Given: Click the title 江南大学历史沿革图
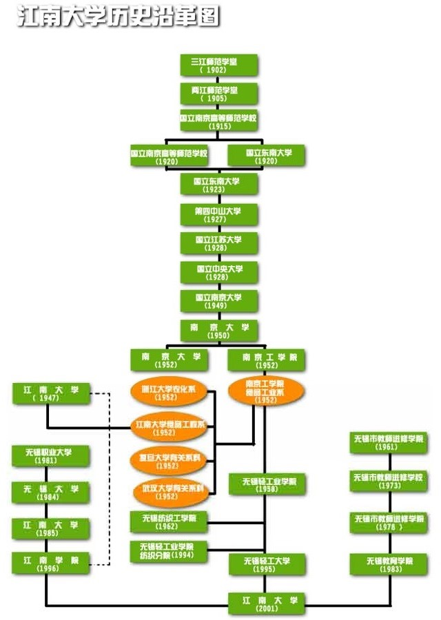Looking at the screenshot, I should tap(118, 16).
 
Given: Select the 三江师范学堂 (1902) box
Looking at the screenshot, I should tap(218, 65).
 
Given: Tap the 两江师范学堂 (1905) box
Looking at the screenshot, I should tap(218, 94).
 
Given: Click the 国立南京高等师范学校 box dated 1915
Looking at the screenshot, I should tap(218, 122).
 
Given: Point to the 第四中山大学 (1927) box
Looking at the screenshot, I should tap(218, 214).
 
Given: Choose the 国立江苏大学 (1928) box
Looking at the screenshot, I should tap(218, 243).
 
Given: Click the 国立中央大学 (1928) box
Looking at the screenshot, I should tap(218, 272).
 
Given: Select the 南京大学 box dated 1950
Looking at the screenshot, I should tap(218, 331).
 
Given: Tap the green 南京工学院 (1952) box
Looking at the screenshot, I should tap(266, 360).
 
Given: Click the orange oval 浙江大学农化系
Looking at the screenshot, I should tap(170, 392).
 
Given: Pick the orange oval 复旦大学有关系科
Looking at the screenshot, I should tap(170, 461).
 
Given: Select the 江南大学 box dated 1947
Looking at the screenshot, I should tap(51, 395).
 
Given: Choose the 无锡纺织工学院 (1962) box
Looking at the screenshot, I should tap(170, 521).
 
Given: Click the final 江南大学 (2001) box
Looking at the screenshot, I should tap(266, 603).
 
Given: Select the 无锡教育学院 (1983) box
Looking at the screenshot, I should tap(389, 564).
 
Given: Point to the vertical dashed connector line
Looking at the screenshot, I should tap(110, 475).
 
